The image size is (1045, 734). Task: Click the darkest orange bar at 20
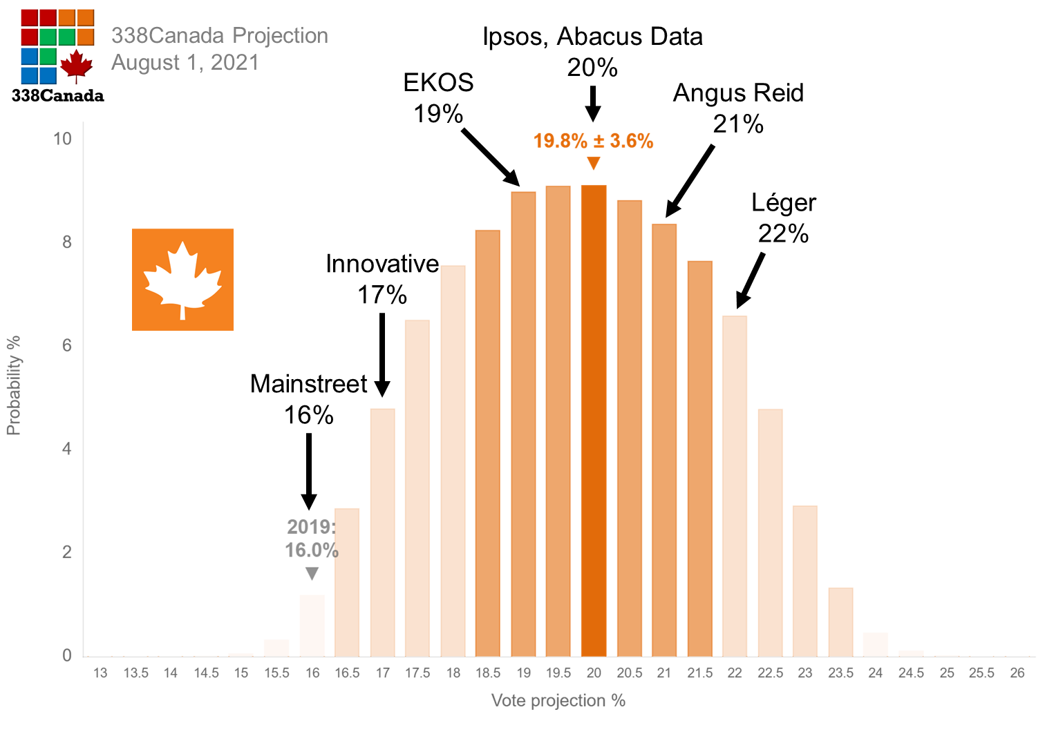point(594,421)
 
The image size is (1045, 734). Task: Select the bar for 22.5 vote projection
point(770,532)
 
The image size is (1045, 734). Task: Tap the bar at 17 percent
point(382,532)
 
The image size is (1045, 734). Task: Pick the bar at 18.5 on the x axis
point(488,443)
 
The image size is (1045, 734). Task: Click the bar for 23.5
point(840,621)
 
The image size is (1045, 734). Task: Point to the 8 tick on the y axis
point(67,242)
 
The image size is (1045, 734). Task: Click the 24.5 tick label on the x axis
point(911,673)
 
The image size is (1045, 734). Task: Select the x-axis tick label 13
point(100,673)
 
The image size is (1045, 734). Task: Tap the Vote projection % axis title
point(558,701)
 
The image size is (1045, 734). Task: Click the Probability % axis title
point(14,385)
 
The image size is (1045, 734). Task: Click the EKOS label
point(438,83)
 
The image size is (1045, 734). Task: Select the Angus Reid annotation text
point(738,93)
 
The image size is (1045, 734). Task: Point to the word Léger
point(784,203)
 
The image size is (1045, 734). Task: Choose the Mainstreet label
point(309,384)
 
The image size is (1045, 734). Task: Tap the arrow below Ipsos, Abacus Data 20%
point(592,104)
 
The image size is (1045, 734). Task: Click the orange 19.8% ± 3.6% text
point(593,141)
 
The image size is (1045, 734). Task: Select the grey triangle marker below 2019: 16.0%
point(312,574)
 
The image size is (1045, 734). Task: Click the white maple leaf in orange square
point(182,280)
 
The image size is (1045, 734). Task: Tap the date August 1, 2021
point(185,63)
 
